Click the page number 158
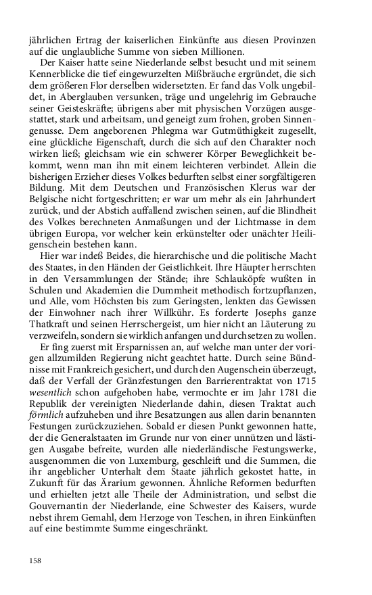coord(35,561)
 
